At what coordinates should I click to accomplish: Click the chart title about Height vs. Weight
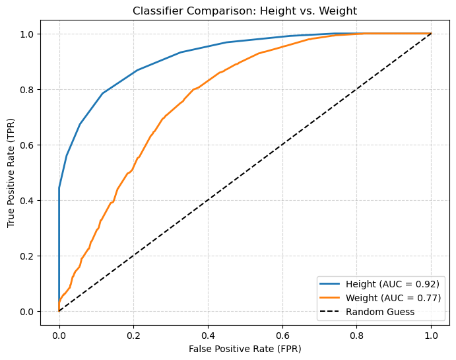pos(245,11)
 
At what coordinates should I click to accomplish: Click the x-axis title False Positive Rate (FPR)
pos(245,347)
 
